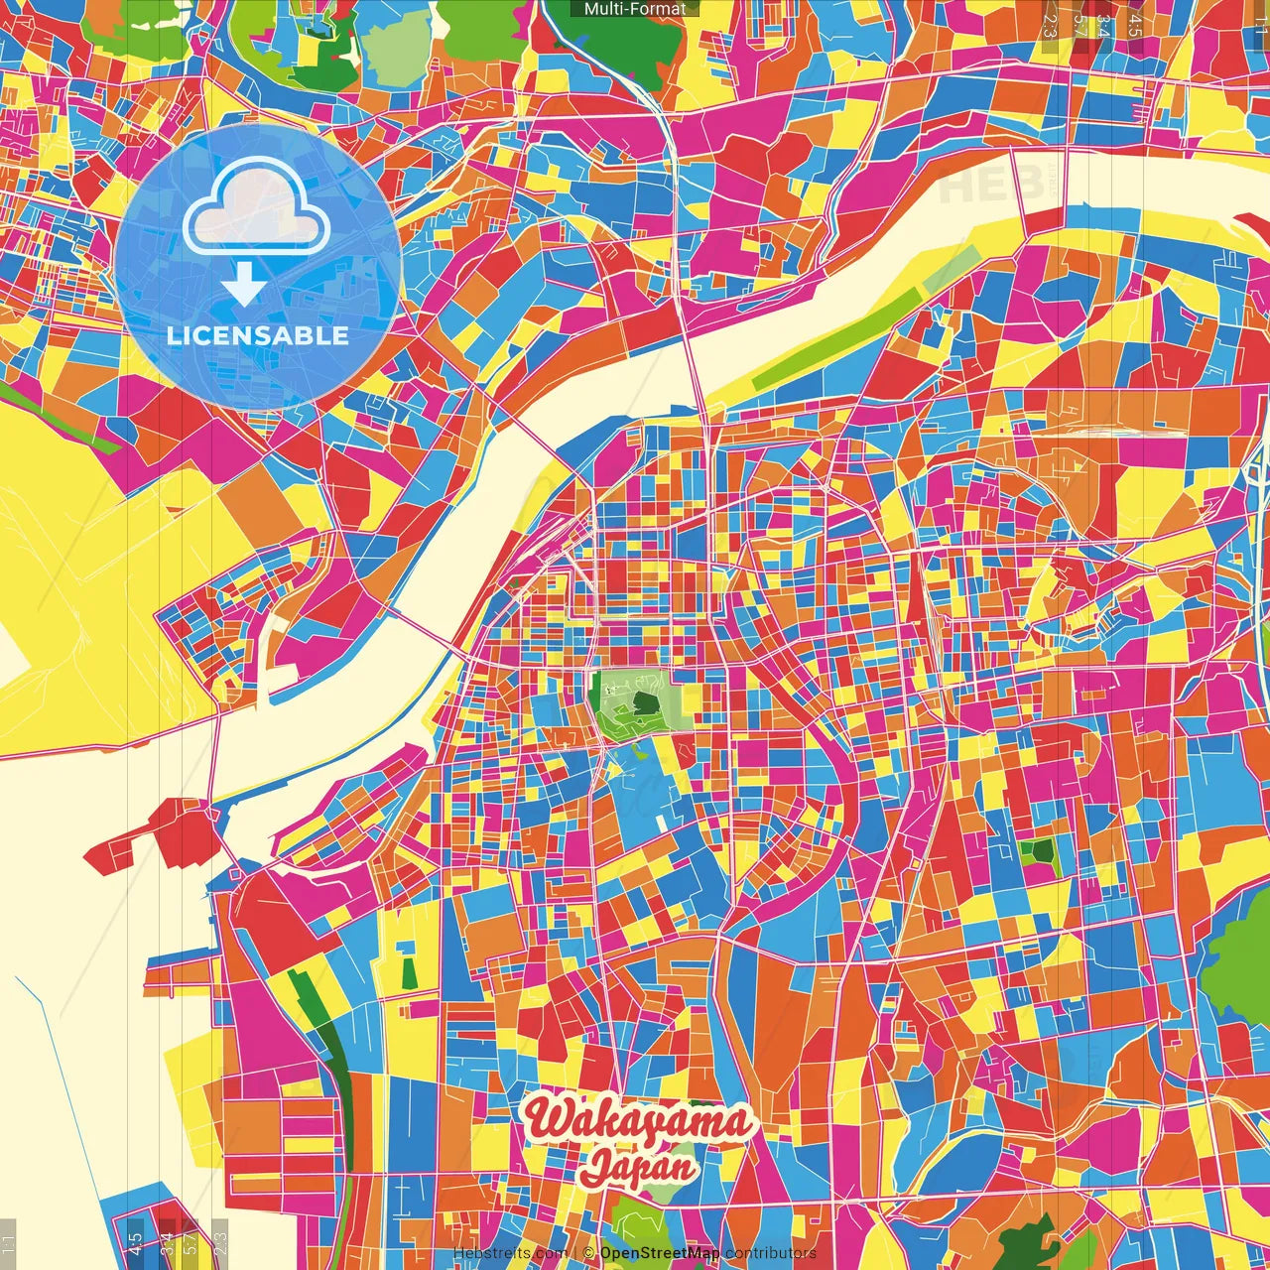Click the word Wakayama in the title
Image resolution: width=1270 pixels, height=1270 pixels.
coord(638,1121)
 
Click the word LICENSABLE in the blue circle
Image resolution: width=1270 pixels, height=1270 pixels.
coord(258,335)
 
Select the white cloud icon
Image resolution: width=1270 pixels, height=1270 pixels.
coord(256,208)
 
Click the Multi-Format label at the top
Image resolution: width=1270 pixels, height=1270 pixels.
coord(635,9)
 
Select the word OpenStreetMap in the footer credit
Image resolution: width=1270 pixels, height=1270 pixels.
coord(660,1253)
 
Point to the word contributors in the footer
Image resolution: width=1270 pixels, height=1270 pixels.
coord(770,1253)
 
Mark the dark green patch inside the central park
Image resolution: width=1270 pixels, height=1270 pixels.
coord(646,704)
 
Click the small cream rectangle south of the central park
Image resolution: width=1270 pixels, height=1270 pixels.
coord(662,823)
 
